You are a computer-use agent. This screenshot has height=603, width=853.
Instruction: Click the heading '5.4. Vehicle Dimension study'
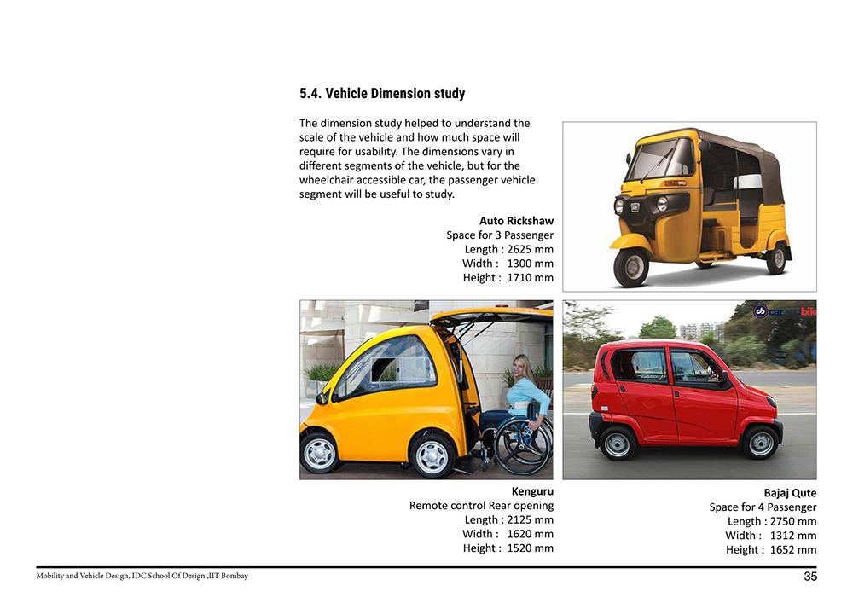382,94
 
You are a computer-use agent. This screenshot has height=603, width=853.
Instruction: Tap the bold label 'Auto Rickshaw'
516,221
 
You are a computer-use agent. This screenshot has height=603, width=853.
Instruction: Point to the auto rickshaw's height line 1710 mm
508,278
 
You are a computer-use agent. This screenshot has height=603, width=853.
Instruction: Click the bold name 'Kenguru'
532,491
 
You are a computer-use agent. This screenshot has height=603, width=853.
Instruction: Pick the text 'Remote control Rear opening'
481,506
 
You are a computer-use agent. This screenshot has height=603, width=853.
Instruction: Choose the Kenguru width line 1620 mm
508,534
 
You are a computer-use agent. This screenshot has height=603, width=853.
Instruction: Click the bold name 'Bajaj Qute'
790,493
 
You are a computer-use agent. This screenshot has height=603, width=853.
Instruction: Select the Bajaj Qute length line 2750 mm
772,521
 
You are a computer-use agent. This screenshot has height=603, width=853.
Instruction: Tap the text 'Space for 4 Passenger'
763,507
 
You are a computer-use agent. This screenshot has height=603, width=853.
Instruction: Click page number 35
810,577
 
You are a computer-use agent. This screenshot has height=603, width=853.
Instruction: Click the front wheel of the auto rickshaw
631,267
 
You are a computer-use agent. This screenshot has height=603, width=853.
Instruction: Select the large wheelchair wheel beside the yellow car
522,445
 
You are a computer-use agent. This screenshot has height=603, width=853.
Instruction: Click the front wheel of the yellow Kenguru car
320,452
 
